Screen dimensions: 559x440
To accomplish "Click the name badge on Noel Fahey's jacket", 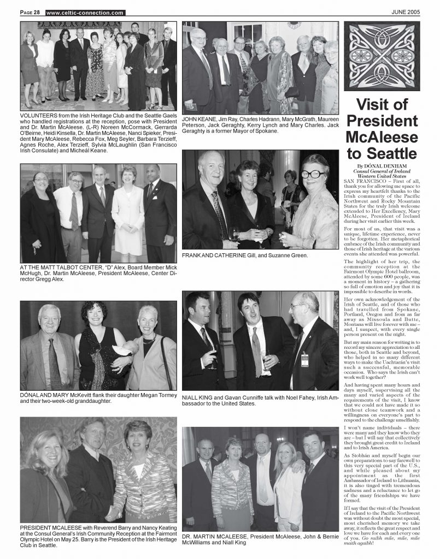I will (304, 359).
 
